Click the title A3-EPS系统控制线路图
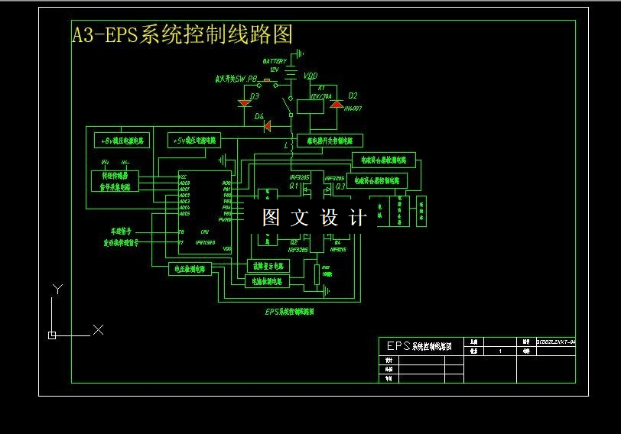(182, 34)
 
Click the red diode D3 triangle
(245, 102)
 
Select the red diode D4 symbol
(267, 127)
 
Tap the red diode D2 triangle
(334, 103)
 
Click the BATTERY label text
(275, 61)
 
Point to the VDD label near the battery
(310, 76)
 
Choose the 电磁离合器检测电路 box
(383, 160)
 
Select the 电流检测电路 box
(267, 281)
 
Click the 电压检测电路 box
(190, 269)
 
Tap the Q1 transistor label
(293, 185)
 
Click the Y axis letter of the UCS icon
(56, 288)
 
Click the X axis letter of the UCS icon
(98, 329)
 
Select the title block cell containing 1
(499, 351)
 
